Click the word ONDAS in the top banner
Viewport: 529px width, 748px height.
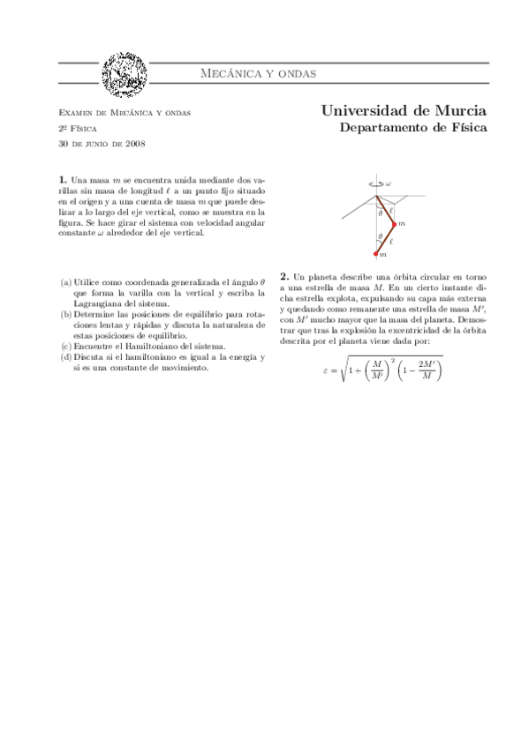(x=291, y=73)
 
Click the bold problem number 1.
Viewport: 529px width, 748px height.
(x=62, y=180)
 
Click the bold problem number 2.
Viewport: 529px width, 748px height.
(x=283, y=275)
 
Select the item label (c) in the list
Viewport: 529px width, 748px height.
(x=65, y=346)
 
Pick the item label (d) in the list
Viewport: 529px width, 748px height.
(x=65, y=356)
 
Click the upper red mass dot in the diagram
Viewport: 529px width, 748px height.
(x=394, y=224)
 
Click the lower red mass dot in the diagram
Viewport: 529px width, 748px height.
(x=377, y=254)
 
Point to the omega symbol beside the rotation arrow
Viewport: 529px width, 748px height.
(x=389, y=184)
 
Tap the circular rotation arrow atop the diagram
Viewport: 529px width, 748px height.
(x=377, y=184)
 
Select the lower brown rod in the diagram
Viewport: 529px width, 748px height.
(x=386, y=239)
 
